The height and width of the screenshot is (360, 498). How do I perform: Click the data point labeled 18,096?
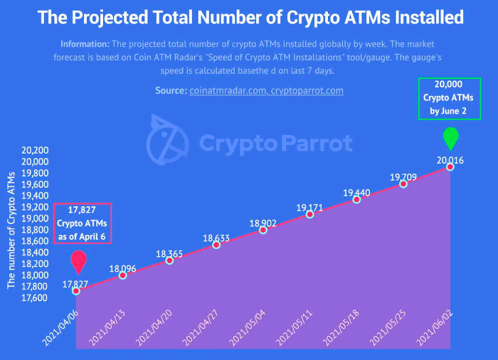(x=122, y=275)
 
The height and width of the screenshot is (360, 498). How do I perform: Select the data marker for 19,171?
(x=309, y=214)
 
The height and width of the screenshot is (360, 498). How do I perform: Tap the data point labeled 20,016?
(x=450, y=166)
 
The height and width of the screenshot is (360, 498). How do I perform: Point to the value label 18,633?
(x=216, y=238)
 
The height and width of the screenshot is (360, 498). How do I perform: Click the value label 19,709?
(x=403, y=177)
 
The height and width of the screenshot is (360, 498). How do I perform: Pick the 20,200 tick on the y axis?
(x=35, y=150)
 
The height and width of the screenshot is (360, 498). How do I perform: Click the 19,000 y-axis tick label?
(x=35, y=218)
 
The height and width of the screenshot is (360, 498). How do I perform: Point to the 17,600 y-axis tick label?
(x=34, y=297)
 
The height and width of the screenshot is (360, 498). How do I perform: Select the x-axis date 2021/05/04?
(x=248, y=328)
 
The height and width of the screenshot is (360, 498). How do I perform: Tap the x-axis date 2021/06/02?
(x=435, y=328)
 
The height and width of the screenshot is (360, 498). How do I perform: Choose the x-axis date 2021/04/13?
(x=107, y=328)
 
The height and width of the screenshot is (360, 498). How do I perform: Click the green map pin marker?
(x=450, y=138)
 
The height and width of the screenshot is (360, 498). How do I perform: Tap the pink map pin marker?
(x=79, y=262)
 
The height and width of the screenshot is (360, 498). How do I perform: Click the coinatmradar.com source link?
(x=228, y=91)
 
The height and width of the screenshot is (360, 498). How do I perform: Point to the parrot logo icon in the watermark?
(x=167, y=140)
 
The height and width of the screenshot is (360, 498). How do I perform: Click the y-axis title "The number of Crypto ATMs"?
(x=11, y=230)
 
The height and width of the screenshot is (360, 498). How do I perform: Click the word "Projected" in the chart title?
(x=110, y=17)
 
